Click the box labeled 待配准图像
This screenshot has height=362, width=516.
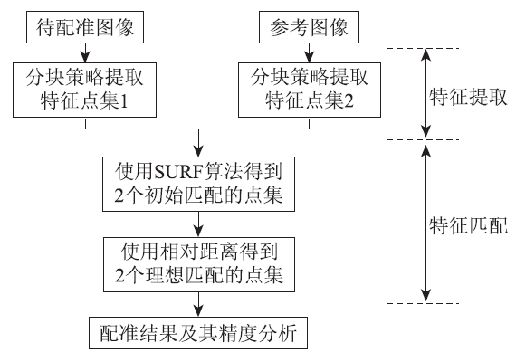coord(85,27)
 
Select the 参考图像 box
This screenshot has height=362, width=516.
coord(309,27)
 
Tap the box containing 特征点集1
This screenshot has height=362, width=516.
coord(84,90)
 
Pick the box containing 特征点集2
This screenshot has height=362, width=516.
coord(310,90)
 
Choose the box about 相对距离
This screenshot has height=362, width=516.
coord(199,264)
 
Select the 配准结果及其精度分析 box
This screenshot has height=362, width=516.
coord(198,333)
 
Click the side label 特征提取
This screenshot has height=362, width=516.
coord(468,97)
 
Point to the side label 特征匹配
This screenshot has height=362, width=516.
coord(468,225)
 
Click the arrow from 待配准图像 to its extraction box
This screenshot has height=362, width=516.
coord(86,52)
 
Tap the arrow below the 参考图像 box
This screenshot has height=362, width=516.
coord(309,52)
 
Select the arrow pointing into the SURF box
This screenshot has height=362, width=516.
coord(198,142)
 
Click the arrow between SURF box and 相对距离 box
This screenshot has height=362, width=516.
coord(198,224)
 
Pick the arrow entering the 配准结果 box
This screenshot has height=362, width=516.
coord(198,304)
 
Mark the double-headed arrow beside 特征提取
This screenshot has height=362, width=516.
coord(426,93)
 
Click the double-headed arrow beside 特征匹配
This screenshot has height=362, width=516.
coord(426,223)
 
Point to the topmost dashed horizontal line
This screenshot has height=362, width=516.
coord(423,48)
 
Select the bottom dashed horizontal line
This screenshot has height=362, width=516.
coord(423,303)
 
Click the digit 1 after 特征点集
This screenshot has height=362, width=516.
coord(124,101)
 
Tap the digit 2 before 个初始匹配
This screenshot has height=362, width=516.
coord(119,195)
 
